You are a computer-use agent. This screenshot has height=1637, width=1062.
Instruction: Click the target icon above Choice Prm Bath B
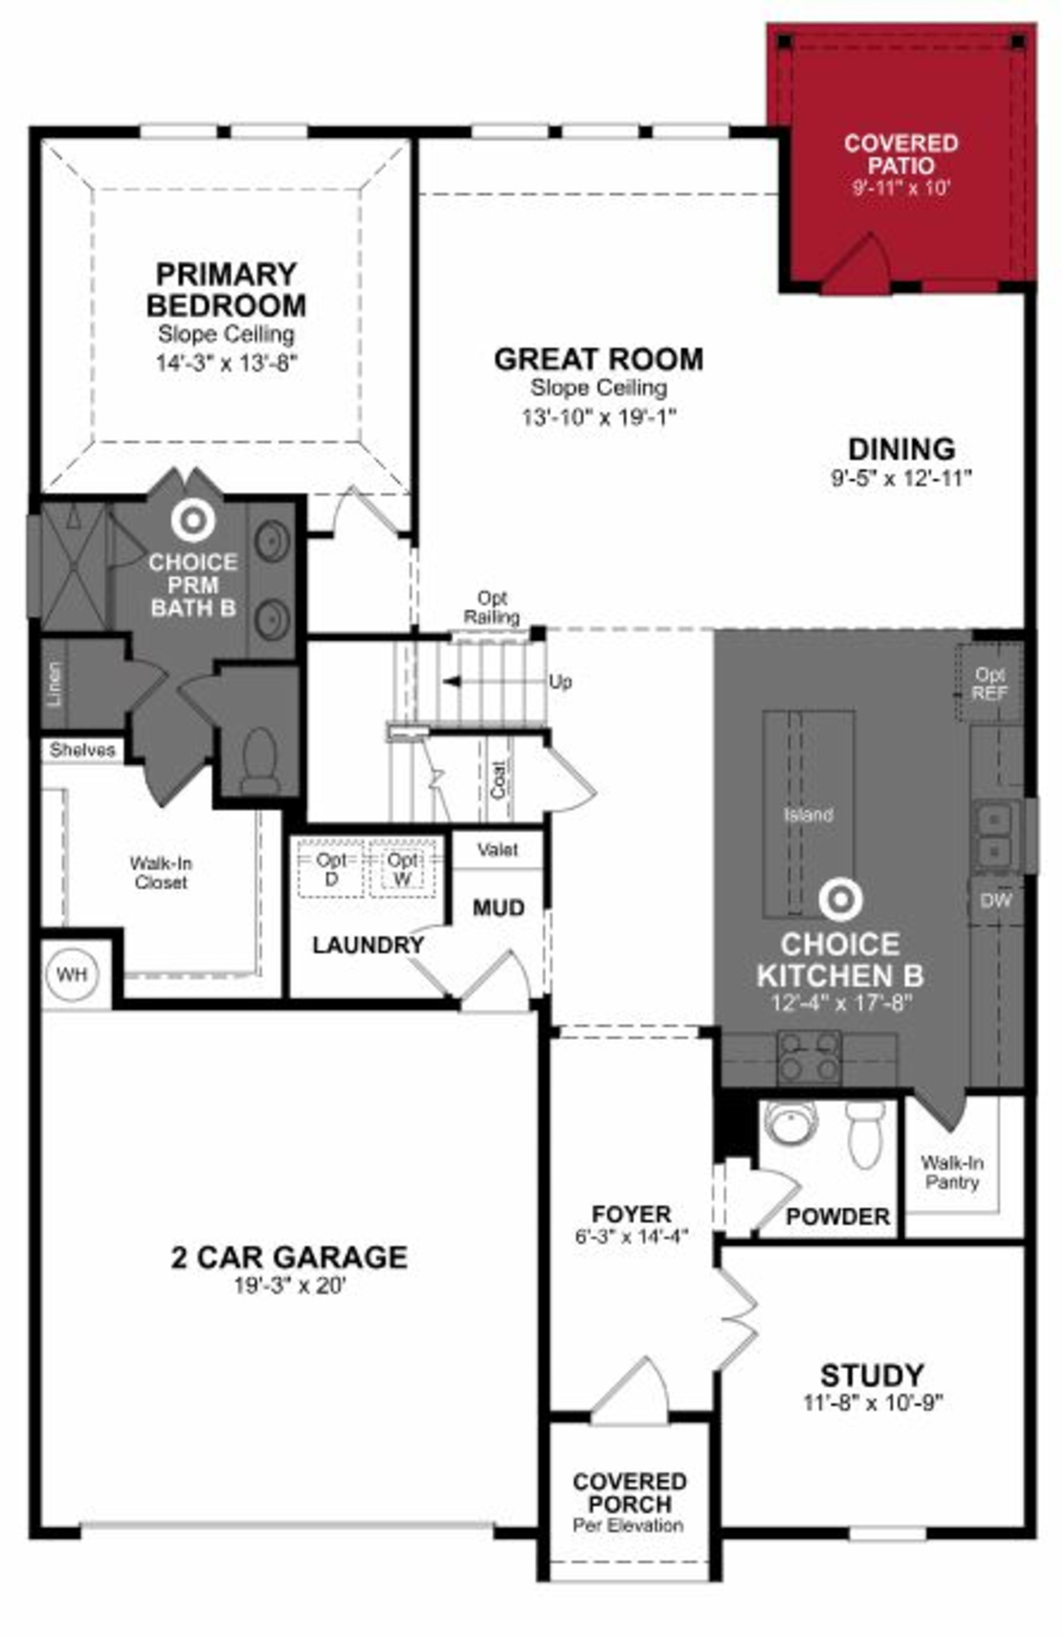(x=193, y=521)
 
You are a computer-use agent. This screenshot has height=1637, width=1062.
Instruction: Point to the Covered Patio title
(x=900, y=154)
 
